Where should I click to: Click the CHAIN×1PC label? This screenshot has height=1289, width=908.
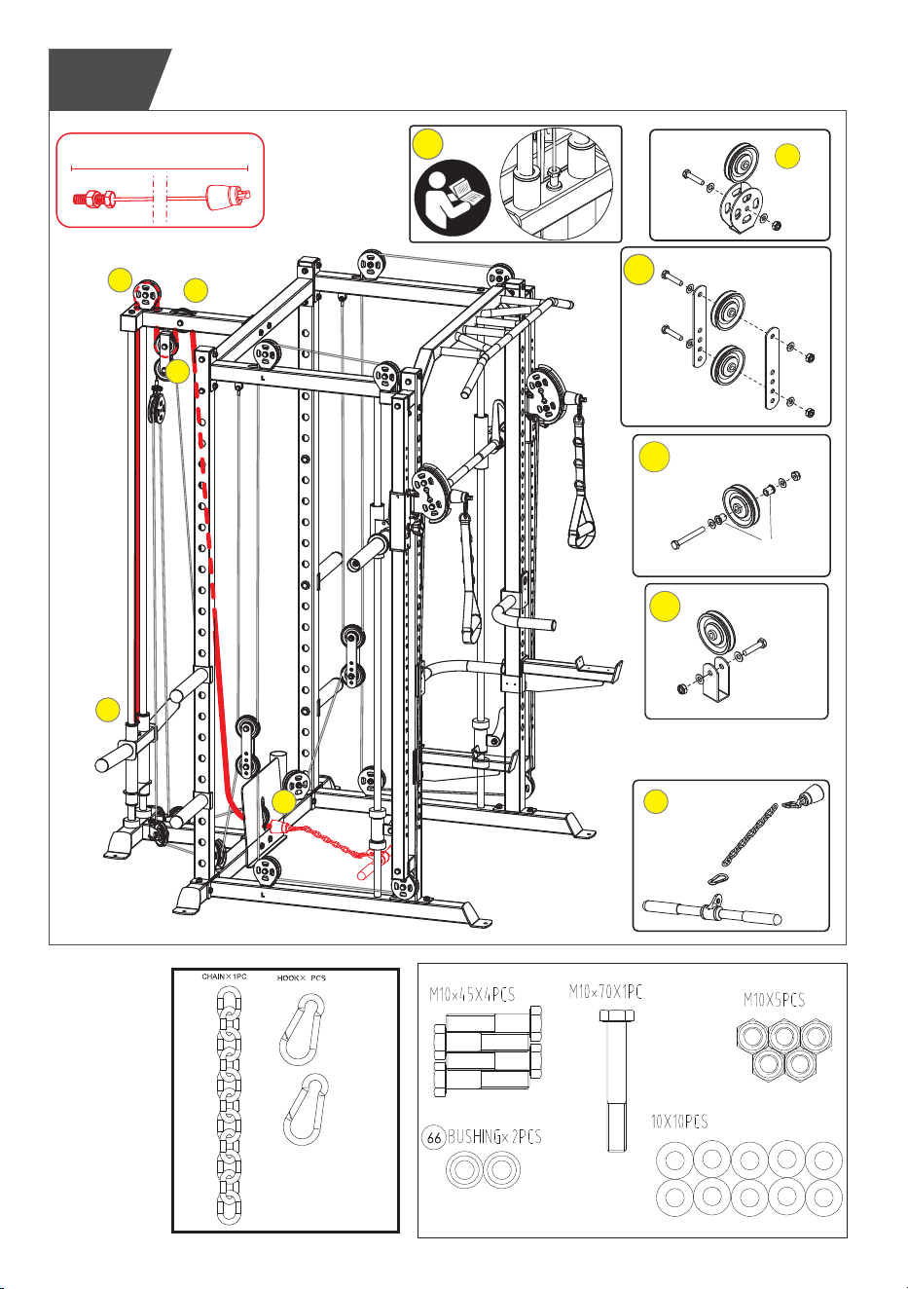click(x=224, y=976)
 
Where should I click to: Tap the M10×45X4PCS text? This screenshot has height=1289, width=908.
click(x=472, y=994)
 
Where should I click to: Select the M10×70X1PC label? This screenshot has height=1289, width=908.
click(x=604, y=991)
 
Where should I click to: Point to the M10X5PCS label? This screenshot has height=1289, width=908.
click(x=774, y=1000)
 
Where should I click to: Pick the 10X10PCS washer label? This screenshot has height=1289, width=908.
click(x=679, y=1122)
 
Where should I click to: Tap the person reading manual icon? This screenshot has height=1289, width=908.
click(x=453, y=198)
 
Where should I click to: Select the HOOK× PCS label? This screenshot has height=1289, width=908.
click(x=301, y=977)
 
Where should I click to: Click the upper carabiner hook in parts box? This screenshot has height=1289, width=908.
click(x=302, y=1030)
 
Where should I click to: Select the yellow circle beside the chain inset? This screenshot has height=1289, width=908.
click(x=655, y=801)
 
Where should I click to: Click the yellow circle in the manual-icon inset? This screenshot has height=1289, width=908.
click(x=428, y=144)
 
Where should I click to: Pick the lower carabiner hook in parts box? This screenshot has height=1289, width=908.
click(x=305, y=1109)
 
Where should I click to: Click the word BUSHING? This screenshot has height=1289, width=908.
click(x=474, y=1136)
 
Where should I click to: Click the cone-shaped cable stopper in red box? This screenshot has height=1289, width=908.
click(x=221, y=197)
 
